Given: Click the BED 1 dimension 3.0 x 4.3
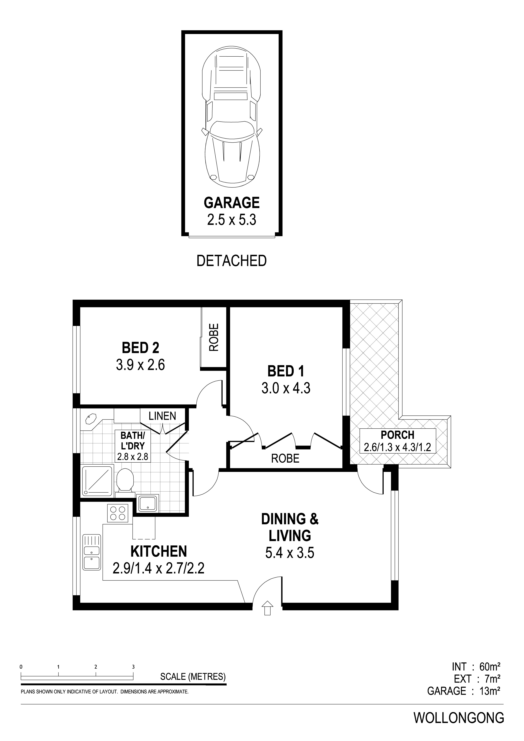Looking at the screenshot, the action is point(286,388).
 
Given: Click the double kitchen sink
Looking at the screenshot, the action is point(92,552).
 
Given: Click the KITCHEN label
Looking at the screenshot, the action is point(159,551).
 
